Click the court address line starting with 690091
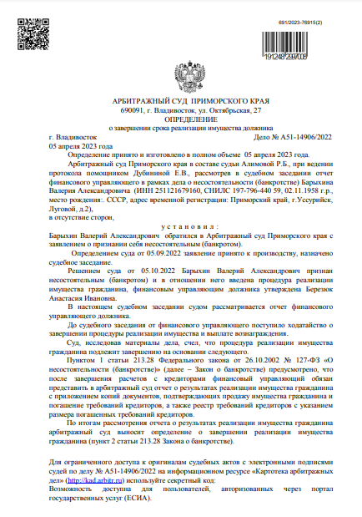pos(180,109)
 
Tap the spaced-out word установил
pos(180,228)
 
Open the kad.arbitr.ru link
pos(87,482)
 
